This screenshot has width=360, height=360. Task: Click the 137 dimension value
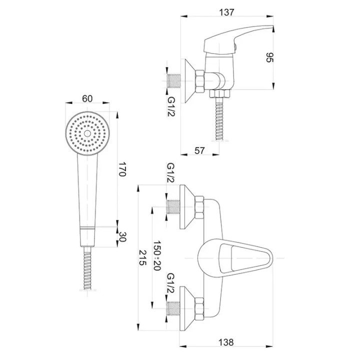click(226, 12)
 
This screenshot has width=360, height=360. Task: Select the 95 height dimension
click(269, 57)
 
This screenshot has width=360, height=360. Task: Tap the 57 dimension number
click(199, 150)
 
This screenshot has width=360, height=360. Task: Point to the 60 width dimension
click(87, 98)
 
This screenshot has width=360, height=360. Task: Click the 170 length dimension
click(122, 169)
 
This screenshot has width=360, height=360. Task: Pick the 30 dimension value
click(122, 236)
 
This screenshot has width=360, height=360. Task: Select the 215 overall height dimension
click(142, 257)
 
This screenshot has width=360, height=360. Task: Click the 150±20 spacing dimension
click(157, 255)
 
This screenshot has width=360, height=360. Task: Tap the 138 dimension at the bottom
click(226, 342)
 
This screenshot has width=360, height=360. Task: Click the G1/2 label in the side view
click(171, 106)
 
